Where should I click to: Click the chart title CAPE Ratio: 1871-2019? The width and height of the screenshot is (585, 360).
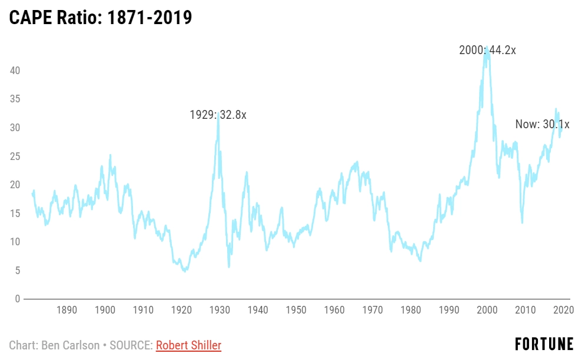pos(101,17)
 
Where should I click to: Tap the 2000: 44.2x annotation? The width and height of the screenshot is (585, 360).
pos(487,50)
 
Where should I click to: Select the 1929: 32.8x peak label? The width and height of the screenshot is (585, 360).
pos(218,115)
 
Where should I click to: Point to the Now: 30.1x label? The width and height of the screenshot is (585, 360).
pos(542,124)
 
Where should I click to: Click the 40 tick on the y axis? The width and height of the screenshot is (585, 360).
pos(16,71)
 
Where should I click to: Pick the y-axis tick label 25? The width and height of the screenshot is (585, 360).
pos(16,156)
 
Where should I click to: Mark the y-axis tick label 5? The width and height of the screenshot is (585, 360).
pos(18,271)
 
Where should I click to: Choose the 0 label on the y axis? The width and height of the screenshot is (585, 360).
pos(18,299)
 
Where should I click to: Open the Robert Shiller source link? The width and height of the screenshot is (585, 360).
pos(188,345)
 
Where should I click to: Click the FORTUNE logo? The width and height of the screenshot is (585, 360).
pos(544,344)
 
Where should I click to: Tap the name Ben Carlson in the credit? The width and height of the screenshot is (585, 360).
pos(70,345)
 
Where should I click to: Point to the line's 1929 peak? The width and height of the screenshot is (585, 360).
pos(219,113)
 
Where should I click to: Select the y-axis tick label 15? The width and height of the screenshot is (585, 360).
pos(16,214)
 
